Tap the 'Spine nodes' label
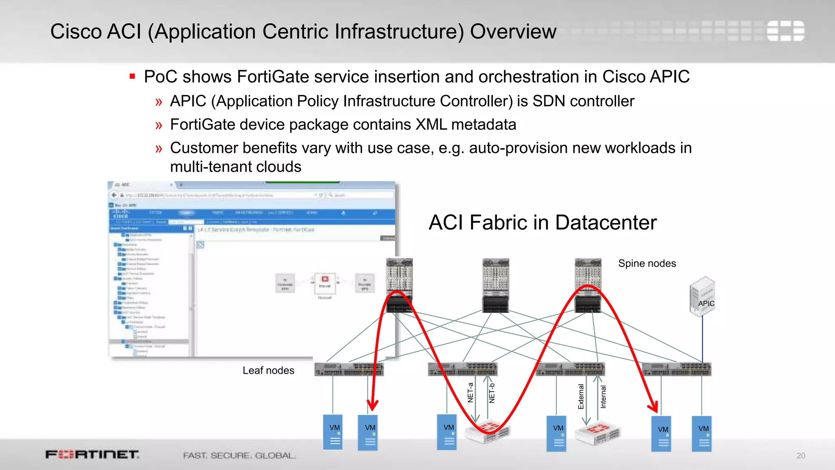coord(647,264)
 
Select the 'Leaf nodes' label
coord(268,370)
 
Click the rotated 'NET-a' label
coord(471,392)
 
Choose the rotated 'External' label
coord(581,397)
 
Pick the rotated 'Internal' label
coord(603,397)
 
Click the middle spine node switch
coord(495,285)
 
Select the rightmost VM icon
coord(702,433)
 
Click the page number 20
coord(801,456)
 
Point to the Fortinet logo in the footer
coord(92,454)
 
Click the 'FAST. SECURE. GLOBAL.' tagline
coord(239,455)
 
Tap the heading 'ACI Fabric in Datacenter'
coord(542,223)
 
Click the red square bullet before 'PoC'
coord(132,76)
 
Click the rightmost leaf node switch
coord(676,369)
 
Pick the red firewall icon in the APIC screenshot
coord(325,279)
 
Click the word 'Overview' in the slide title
coord(513,31)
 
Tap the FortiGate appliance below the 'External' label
coord(598,434)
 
